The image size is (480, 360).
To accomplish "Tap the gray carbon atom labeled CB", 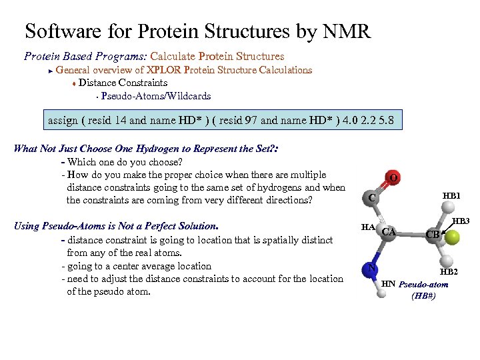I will tap(434, 234).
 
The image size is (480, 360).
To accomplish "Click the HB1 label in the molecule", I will tap(451, 196).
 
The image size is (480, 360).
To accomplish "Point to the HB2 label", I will tap(448, 272).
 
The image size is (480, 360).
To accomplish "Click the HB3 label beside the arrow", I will tap(461, 221).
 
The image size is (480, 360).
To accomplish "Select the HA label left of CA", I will tap(368, 227).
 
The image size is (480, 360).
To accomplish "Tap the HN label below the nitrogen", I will tap(388, 284).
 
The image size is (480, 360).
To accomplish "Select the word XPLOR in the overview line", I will tap(163, 70).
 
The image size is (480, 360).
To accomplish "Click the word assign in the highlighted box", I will tap(63, 121).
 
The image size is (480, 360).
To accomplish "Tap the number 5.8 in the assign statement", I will tap(386, 121).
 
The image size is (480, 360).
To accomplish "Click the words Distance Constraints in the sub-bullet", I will tap(123, 83).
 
